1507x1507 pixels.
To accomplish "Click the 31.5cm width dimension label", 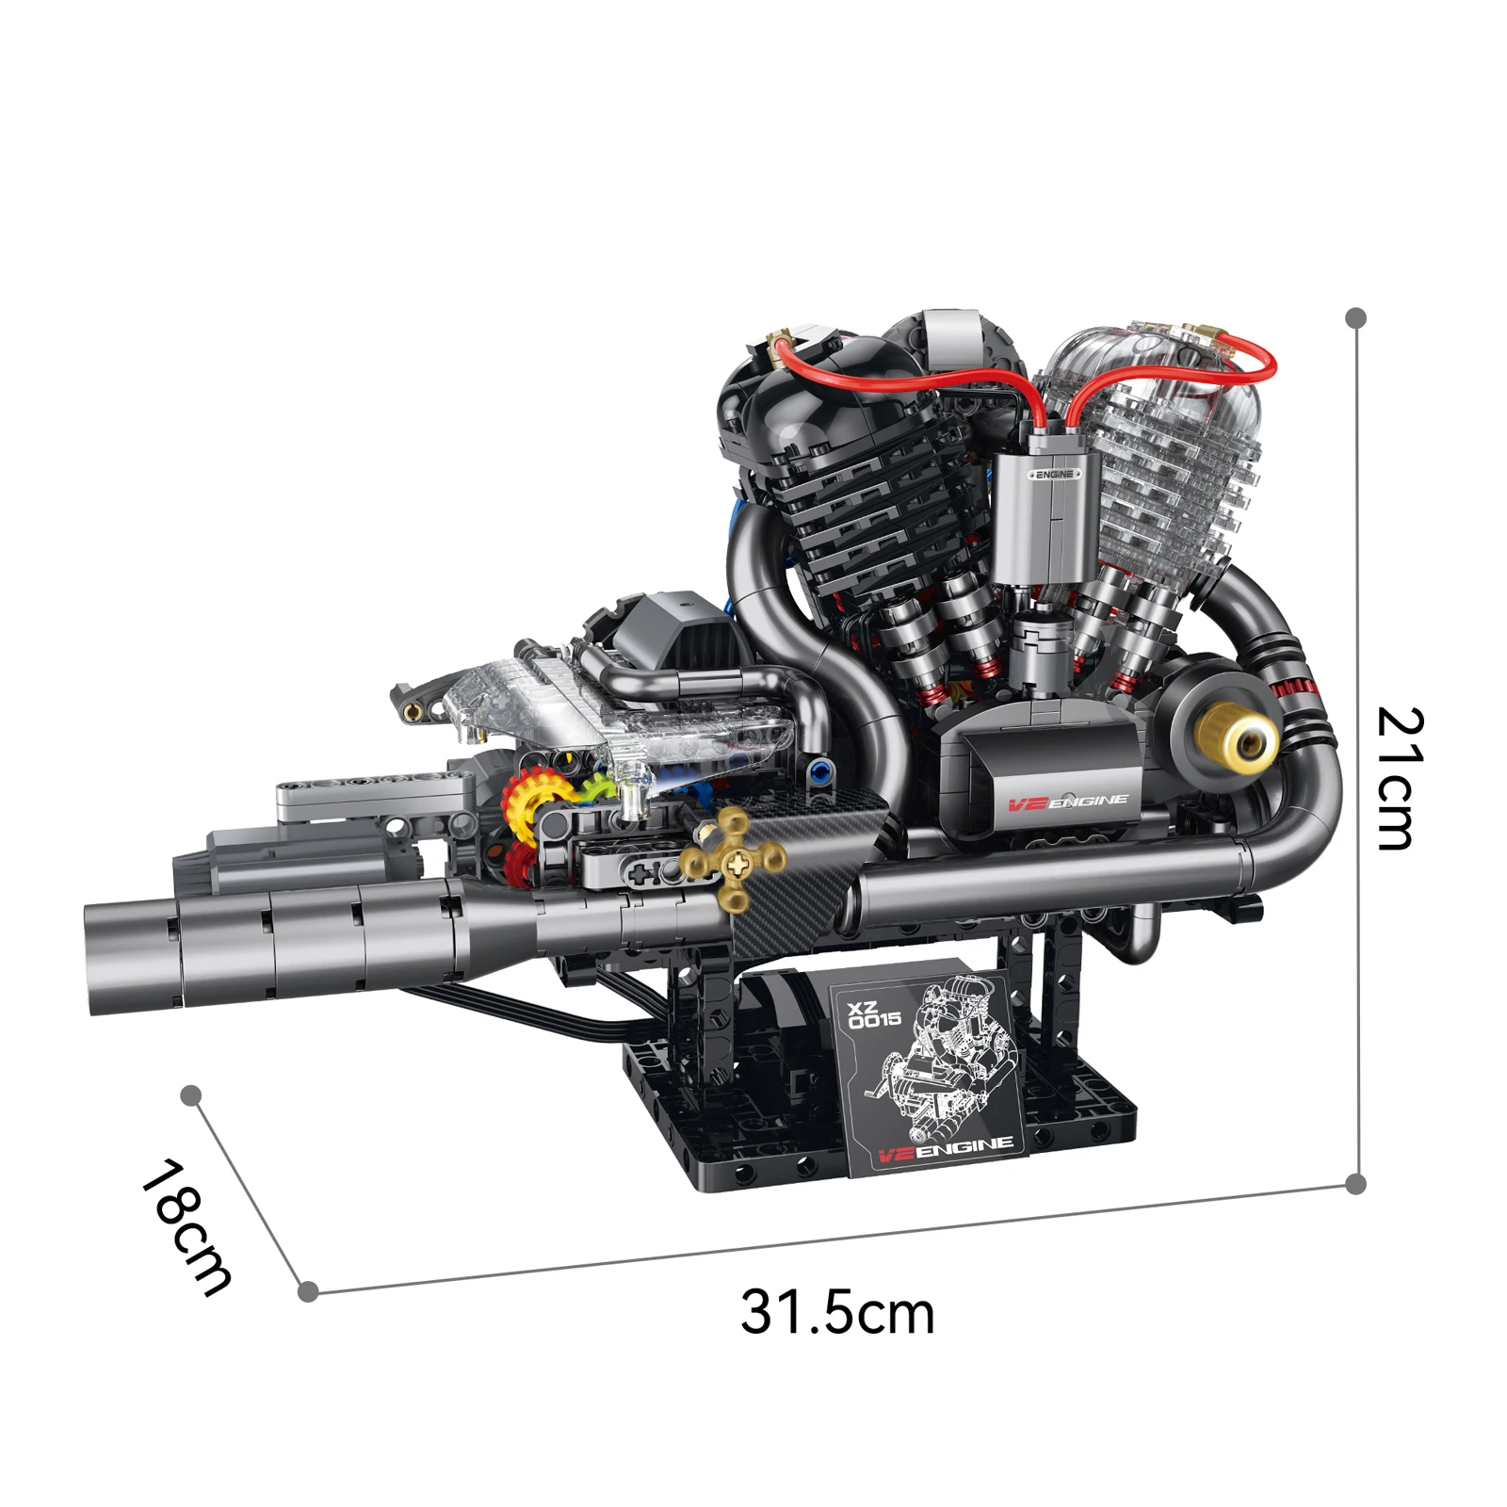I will click(x=836, y=1312).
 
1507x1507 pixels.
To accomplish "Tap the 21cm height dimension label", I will click(x=1400, y=778).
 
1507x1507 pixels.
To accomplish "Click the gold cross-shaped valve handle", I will click(x=734, y=858).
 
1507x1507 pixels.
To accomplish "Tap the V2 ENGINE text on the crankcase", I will click(x=1067, y=802).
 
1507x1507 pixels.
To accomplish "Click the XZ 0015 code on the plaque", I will click(x=874, y=1015).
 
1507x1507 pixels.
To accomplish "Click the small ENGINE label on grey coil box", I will click(x=1054, y=474).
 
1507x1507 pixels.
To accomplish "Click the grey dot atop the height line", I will click(x=1356, y=317).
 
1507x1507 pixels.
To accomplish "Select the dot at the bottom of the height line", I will click(x=1356, y=1184).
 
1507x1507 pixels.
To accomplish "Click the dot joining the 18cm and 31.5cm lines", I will click(x=307, y=1291).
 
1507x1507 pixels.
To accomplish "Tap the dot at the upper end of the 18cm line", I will click(x=191, y=1094).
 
